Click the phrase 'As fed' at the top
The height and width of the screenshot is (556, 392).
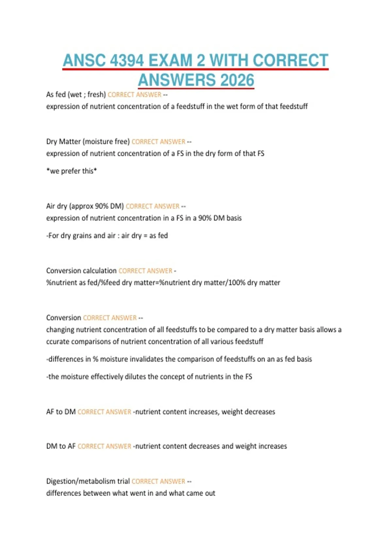[56, 95]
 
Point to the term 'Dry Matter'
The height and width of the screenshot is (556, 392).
[63, 142]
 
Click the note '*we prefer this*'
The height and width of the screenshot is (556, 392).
[72, 171]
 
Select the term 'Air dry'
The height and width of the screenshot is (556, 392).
[57, 206]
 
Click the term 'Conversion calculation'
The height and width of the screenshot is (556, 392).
[81, 271]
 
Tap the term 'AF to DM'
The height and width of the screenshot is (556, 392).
[61, 412]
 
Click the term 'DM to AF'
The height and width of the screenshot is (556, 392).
[61, 446]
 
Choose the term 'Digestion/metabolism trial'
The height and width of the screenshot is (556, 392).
[88, 481]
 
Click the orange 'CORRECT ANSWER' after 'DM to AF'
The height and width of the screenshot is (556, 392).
[104, 446]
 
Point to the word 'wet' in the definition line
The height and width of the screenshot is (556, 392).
[232, 106]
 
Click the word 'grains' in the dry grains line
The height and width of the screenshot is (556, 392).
[82, 236]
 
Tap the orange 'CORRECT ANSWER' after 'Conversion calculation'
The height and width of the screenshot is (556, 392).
[145, 271]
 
